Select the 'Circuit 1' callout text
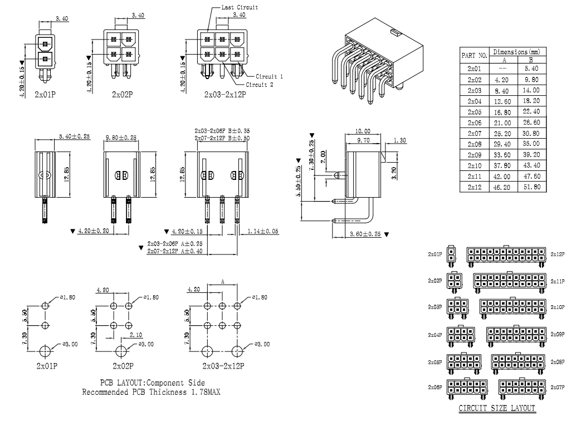click(270, 76)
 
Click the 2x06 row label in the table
click(474, 123)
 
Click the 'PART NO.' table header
click(474, 56)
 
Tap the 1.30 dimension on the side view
click(399, 141)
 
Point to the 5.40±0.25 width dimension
click(75, 136)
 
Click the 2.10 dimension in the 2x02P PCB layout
click(135, 335)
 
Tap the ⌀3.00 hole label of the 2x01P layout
click(70, 344)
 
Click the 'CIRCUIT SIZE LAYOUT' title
click(496, 409)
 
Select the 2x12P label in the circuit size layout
click(557, 254)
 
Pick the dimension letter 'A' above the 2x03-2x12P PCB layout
click(223, 282)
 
